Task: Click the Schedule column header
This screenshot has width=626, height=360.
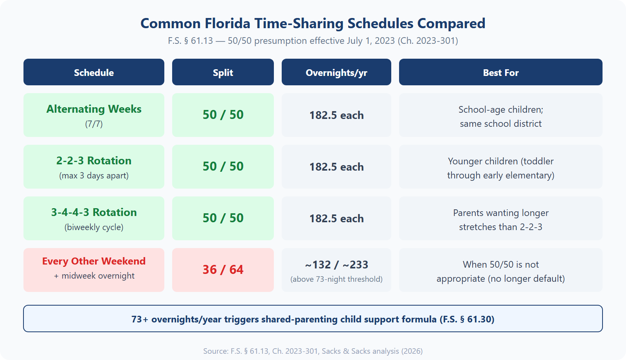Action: pos(94,72)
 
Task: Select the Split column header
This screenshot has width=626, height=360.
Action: pos(223,72)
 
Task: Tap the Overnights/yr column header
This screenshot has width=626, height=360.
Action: pos(336,72)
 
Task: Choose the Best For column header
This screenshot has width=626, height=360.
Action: pos(500,72)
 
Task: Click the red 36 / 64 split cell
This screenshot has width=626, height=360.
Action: pos(223,270)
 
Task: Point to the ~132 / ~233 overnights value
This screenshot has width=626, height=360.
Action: pos(336,265)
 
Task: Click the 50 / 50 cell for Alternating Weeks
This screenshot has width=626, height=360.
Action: pos(223,115)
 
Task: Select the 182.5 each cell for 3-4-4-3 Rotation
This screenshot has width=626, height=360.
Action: pos(336,218)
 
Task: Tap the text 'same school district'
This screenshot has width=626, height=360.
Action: pos(501,124)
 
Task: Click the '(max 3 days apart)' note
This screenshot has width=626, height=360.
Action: pos(94,176)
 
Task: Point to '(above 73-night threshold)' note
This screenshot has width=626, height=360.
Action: pos(336,279)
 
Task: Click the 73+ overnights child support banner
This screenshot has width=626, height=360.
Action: pos(313,319)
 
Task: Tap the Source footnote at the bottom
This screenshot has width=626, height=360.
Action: pos(313,351)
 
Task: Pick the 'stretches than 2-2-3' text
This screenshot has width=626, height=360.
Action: pos(501,227)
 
